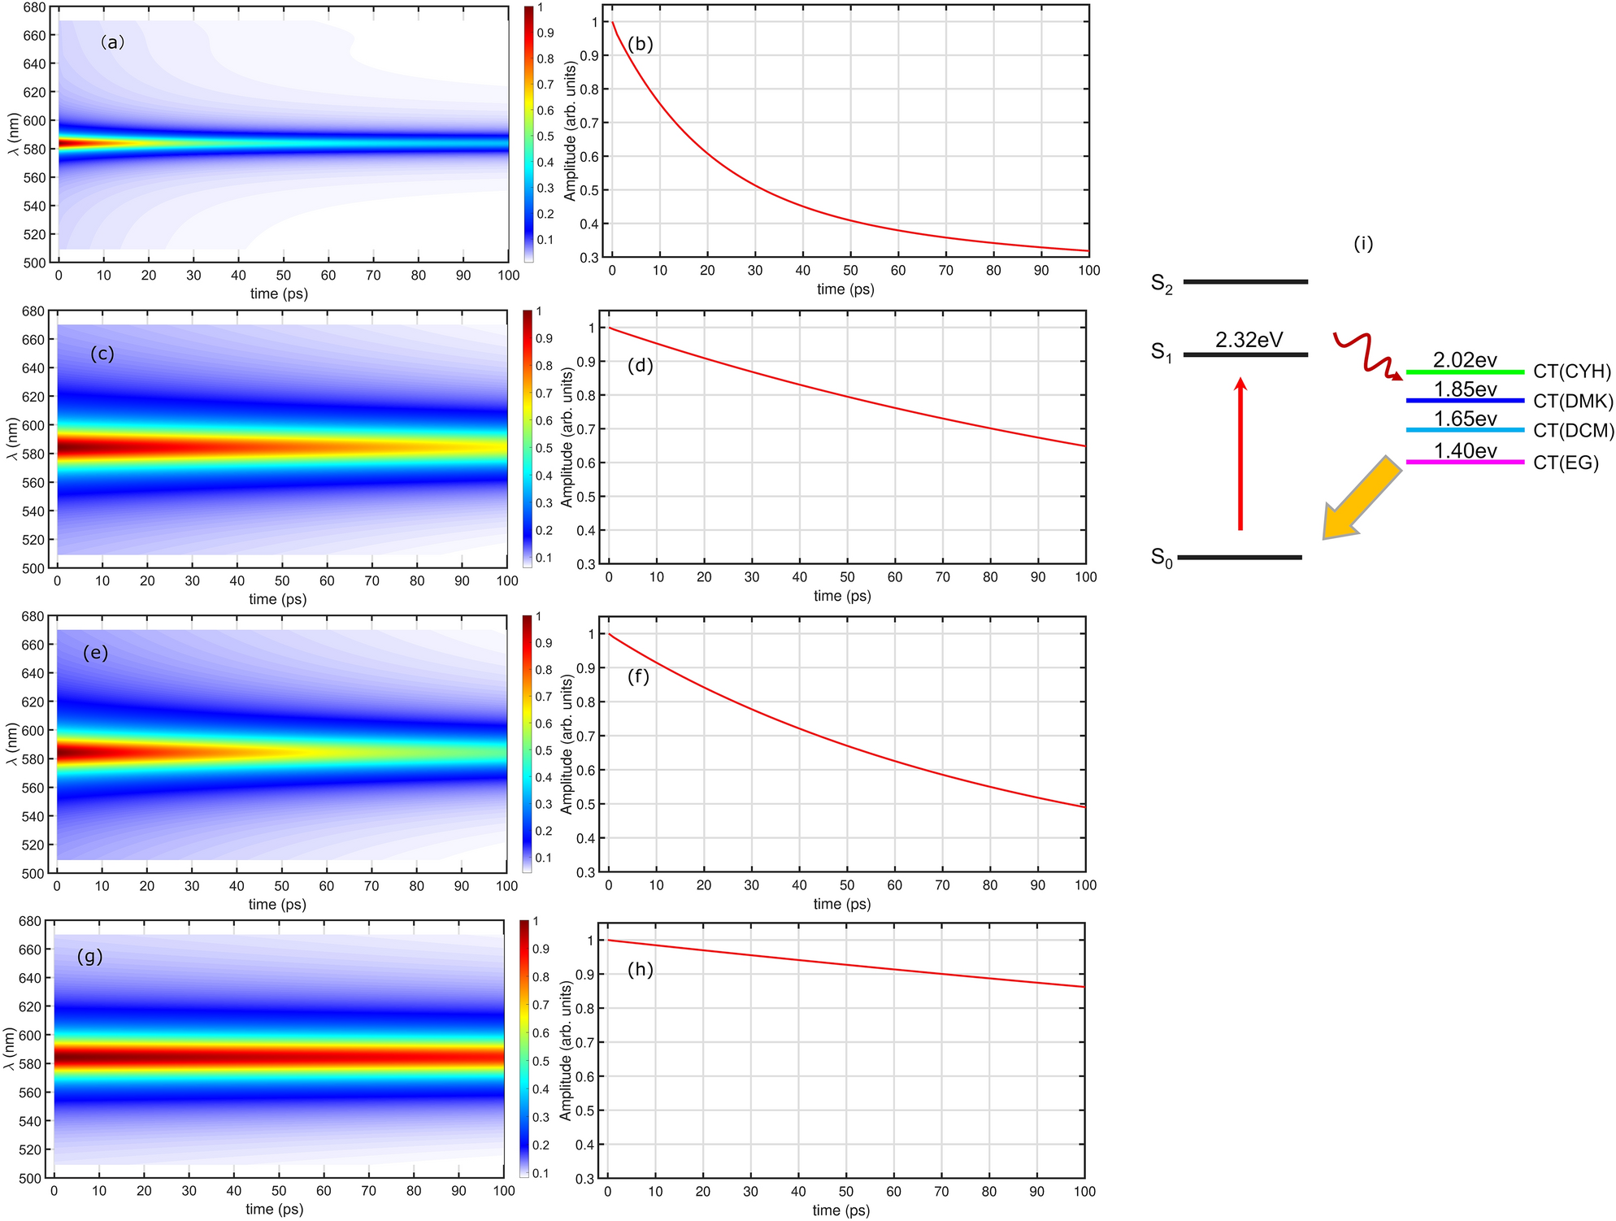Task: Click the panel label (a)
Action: coord(112,42)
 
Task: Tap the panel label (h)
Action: coord(640,970)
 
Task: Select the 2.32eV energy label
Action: coord(1249,340)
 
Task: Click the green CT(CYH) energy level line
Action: coord(1465,372)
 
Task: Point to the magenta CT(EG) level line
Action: coord(1465,462)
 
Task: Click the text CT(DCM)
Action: coord(1573,431)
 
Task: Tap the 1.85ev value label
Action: coord(1465,389)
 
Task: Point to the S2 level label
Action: coord(1162,284)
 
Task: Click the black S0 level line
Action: coord(1240,558)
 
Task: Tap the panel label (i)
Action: coord(1363,243)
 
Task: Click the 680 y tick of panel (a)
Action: coord(34,8)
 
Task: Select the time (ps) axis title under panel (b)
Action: coord(845,289)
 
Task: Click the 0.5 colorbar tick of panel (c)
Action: coord(544,448)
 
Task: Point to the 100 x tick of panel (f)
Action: coord(1085,884)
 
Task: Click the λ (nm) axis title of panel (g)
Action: coord(10,1049)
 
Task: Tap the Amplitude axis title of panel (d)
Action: coord(567,437)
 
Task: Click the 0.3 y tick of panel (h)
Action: coord(585,1178)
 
